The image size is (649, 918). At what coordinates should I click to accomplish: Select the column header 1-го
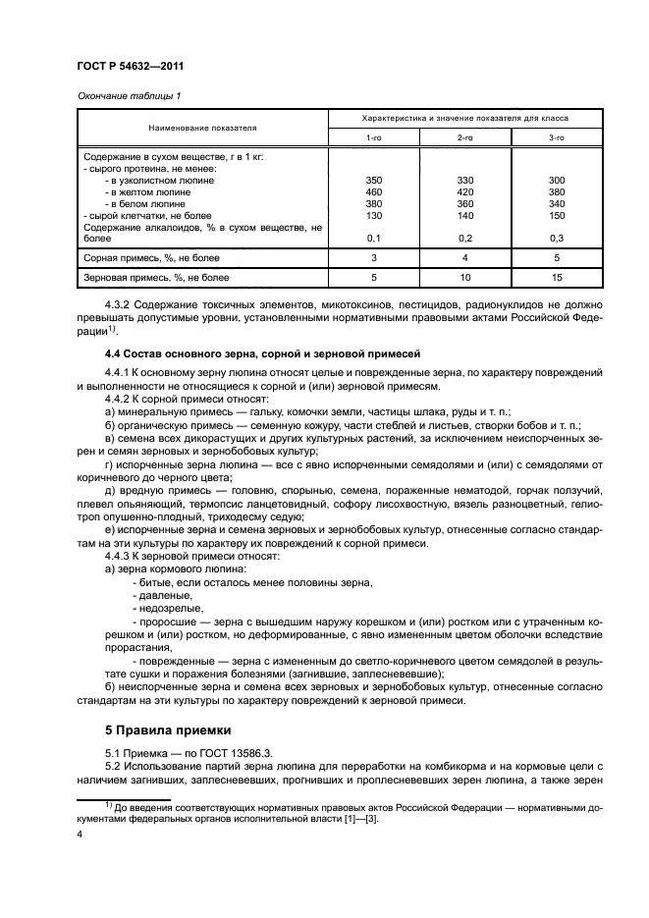click(374, 138)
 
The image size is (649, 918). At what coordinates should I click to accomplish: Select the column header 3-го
click(555, 138)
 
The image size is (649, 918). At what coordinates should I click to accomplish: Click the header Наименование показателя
click(202, 128)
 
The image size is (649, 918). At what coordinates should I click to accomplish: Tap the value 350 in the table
click(374, 181)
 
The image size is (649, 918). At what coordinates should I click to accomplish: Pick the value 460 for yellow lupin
click(374, 192)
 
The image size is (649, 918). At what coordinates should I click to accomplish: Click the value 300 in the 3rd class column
click(555, 181)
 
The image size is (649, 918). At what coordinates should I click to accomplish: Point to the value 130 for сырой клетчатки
click(374, 215)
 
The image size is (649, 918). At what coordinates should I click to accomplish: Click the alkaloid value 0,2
click(465, 238)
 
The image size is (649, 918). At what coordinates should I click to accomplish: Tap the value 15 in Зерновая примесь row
click(555, 279)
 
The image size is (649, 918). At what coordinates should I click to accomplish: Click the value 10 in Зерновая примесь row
click(465, 279)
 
